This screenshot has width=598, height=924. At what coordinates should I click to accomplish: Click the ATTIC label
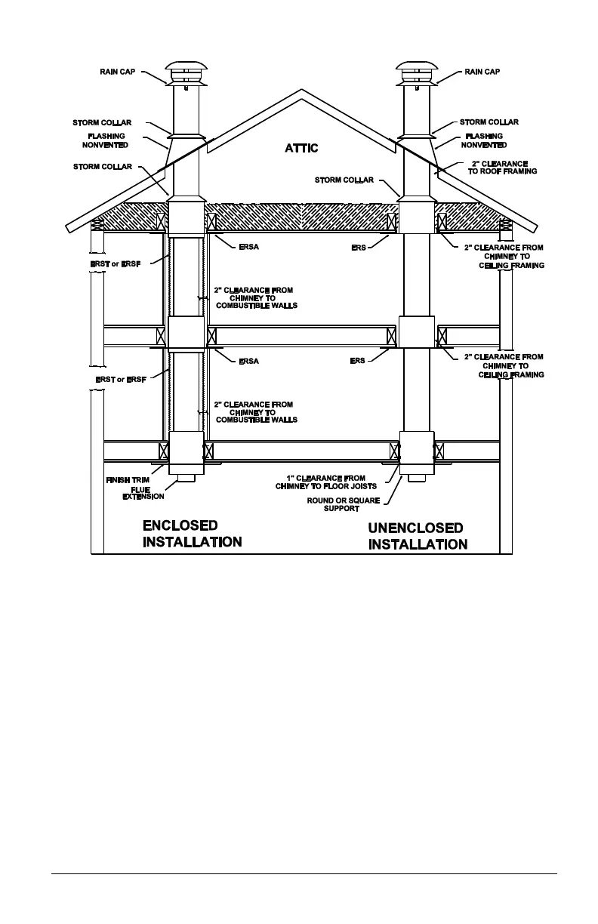pyautogui.click(x=301, y=149)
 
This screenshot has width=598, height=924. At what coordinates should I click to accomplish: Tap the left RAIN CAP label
pyautogui.click(x=118, y=72)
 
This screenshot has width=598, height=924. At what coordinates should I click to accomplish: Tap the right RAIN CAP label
pyautogui.click(x=482, y=72)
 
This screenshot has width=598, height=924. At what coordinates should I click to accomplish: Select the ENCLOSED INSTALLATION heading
pyautogui.click(x=192, y=534)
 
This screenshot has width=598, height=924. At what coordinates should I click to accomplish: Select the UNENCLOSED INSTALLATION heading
pyautogui.click(x=418, y=536)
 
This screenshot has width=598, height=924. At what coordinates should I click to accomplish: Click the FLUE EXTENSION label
pyautogui.click(x=143, y=493)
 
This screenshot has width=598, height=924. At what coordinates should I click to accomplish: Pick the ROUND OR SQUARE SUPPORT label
pyautogui.click(x=341, y=504)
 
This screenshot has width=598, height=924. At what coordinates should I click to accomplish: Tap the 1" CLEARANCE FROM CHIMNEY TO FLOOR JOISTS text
pyautogui.click(x=326, y=482)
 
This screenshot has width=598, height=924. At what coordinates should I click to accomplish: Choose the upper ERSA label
pyautogui.click(x=248, y=248)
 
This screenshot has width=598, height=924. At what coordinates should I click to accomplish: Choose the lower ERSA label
pyautogui.click(x=248, y=362)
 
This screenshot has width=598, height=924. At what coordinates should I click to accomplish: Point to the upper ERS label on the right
pyautogui.click(x=359, y=248)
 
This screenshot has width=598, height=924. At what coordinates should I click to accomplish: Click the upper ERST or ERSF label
pyautogui.click(x=118, y=264)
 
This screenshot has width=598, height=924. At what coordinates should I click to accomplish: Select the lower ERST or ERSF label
pyautogui.click(x=121, y=379)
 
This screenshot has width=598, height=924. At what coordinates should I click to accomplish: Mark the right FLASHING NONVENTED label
pyautogui.click(x=483, y=140)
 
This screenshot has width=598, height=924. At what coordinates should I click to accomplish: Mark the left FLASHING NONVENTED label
pyautogui.click(x=105, y=140)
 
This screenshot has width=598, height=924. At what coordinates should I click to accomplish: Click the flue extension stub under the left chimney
pyautogui.click(x=185, y=478)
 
